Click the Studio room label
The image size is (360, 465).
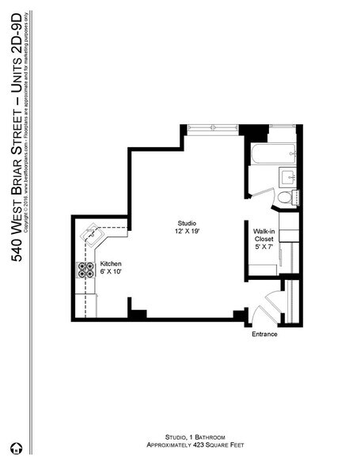pos(187,222)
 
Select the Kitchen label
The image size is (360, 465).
pos(110,263)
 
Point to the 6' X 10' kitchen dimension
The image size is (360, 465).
pos(110,272)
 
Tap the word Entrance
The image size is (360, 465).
pos(264,334)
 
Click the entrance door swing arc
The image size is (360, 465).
pos(271,303)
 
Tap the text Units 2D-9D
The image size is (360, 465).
pos(17,48)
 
